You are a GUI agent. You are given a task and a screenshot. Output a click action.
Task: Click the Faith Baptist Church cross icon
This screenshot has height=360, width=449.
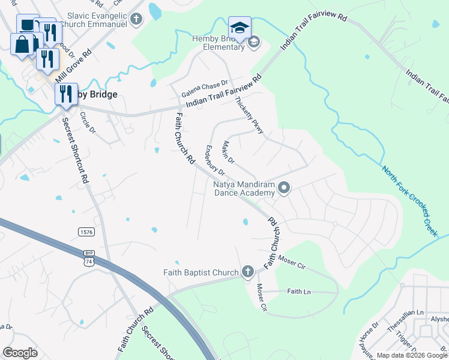pos(247,272)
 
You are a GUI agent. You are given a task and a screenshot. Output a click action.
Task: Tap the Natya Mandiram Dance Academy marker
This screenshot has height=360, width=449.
pos(285,189)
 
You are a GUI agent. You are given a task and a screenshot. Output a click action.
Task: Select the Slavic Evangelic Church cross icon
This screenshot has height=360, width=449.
pos(136,19)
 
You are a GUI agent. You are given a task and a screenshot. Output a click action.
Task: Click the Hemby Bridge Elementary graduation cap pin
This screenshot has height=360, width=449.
pos(239,28)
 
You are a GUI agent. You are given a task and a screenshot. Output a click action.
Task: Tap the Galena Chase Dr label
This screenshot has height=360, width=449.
pos(206,86)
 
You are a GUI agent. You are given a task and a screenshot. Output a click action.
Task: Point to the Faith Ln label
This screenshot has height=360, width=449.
pos(298,292)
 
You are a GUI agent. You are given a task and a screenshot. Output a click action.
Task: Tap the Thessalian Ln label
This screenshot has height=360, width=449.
pos(408,313)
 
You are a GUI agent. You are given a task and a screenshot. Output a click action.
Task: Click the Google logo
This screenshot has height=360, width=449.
pos(20,353)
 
